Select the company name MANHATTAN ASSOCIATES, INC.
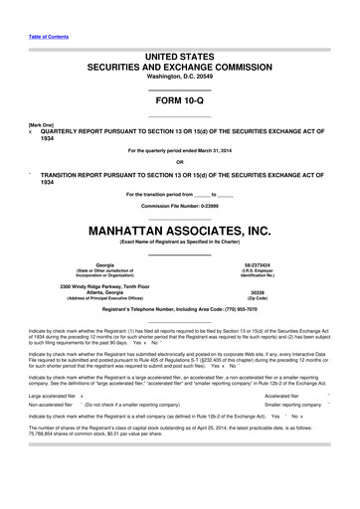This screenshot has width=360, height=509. point(179,231)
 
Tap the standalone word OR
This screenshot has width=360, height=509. point(179,162)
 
